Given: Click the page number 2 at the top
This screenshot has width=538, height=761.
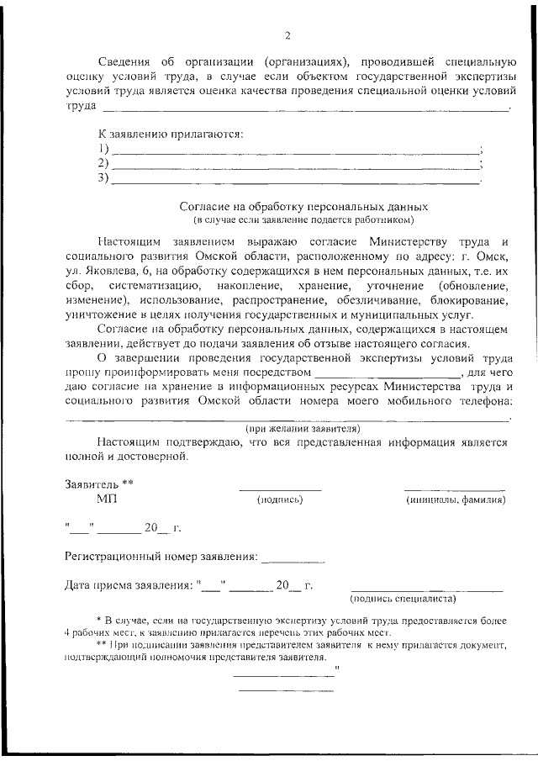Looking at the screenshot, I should (287, 35).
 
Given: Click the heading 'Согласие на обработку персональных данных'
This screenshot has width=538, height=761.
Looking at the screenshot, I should (304, 206).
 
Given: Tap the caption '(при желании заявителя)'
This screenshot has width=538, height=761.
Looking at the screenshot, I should (303, 428).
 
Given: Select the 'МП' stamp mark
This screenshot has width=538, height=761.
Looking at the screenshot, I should (107, 499).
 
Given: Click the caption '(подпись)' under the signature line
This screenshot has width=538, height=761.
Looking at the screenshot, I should (279, 500).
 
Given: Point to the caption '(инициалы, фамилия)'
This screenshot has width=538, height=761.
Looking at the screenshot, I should (455, 500).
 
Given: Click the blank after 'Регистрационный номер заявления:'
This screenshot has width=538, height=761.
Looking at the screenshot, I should (293, 558).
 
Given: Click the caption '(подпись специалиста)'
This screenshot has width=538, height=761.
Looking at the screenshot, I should (403, 599).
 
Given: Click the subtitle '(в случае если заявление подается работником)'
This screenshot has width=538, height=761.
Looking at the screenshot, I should (304, 220).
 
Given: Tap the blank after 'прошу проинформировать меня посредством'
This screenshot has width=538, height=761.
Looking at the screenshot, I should (387, 373).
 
